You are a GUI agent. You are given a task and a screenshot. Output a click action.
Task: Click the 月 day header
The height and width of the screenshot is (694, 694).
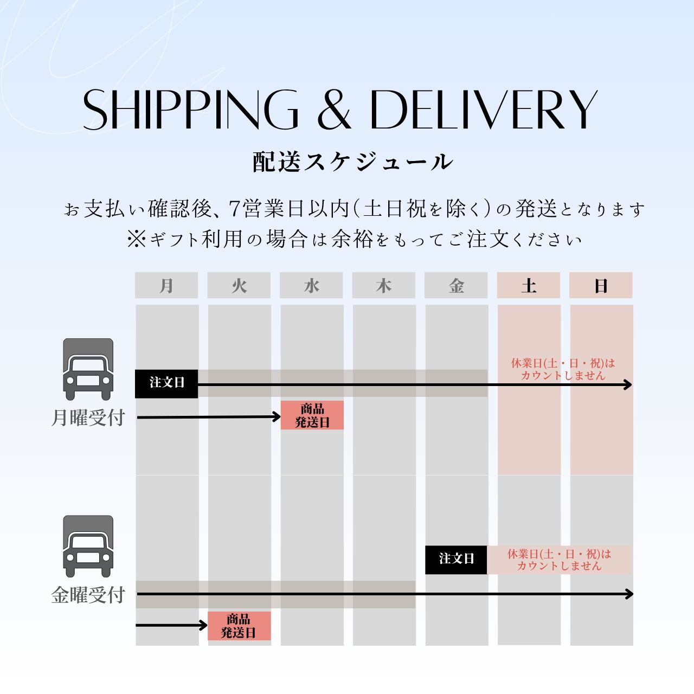166,285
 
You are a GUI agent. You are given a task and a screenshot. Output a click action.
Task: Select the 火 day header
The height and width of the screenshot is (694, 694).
239,285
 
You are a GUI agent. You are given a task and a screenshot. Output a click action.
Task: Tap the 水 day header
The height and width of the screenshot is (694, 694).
311,285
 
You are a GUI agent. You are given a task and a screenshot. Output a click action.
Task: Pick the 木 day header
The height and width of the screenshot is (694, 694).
384,285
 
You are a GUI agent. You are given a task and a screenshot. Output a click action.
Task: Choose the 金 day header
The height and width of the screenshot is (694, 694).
456,285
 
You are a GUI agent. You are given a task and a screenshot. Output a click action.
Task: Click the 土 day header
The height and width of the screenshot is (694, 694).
529,285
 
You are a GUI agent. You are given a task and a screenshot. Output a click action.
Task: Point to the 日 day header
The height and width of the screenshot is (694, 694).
601,285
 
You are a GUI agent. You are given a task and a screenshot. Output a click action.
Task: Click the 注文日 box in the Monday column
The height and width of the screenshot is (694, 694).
166,383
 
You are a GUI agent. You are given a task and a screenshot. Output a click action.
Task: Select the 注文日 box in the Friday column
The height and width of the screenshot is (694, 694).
456,559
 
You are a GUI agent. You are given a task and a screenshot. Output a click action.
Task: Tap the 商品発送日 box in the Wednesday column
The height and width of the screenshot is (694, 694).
312,415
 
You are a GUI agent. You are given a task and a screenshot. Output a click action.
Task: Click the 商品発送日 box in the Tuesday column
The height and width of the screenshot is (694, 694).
239,626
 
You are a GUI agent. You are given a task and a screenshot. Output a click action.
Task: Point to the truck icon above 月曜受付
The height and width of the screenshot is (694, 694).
88,369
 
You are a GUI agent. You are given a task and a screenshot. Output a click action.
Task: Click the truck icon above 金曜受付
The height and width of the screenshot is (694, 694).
88,546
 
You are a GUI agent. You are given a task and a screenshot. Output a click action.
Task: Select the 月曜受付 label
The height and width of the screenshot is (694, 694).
88,418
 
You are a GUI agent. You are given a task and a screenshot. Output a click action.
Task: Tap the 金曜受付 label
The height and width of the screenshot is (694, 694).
88,595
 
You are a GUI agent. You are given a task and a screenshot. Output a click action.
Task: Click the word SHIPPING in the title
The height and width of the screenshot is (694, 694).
190,110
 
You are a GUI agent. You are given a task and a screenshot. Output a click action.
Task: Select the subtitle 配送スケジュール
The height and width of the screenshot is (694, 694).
352,162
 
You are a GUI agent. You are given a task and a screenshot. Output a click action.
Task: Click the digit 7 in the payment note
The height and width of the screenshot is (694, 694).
235,209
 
